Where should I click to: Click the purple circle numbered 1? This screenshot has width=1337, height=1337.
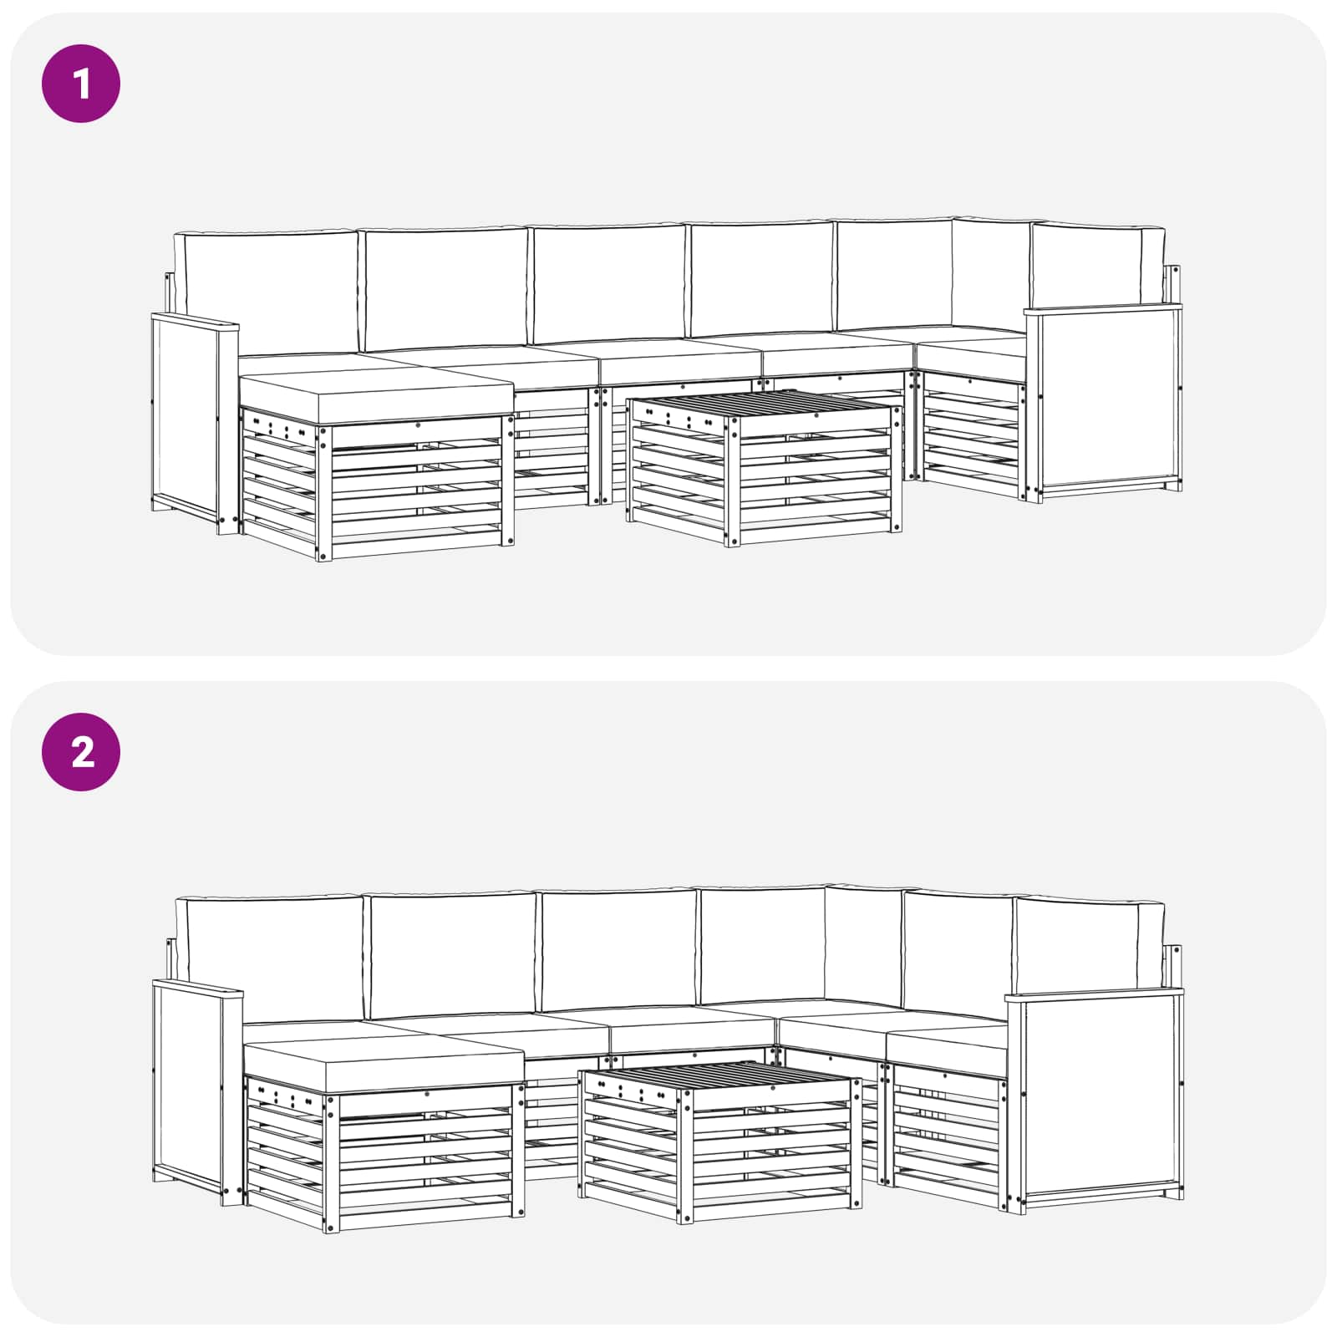(81, 84)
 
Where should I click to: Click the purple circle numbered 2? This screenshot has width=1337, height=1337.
(81, 752)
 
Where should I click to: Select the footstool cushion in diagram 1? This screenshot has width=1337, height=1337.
(376, 398)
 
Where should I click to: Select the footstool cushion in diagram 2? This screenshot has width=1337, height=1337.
(383, 1065)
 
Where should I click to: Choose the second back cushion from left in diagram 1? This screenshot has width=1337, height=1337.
(446, 288)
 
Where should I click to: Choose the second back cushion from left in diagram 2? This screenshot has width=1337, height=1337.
(452, 955)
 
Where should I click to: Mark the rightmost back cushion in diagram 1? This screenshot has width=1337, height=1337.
(1097, 266)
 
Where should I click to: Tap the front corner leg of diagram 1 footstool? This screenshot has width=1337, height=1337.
(324, 493)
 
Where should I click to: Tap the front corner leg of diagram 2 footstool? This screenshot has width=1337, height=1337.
(333, 1162)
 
